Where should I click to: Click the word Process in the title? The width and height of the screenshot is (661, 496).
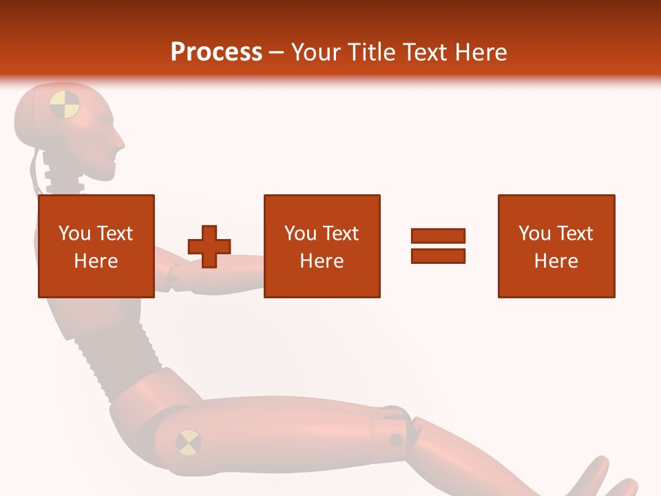tap(216, 52)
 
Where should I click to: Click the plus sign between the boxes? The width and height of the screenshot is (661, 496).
tap(209, 246)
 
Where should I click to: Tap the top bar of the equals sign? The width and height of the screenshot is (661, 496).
tap(438, 236)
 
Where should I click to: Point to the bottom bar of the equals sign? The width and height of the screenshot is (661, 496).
tap(438, 256)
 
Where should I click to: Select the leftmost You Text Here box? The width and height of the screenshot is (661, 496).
tap(96, 246)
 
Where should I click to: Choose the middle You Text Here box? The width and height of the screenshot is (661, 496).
tap(322, 246)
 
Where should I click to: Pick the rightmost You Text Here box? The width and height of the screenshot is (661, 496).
tap(556, 246)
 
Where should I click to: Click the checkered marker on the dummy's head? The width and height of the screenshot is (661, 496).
tap(65, 104)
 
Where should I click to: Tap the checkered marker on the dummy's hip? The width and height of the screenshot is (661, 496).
tap(189, 442)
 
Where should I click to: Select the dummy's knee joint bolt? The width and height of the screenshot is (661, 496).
tap(396, 439)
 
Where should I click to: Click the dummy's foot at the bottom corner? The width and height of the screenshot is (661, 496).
tap(596, 479)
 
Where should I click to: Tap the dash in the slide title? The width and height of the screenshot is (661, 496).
tap(277, 52)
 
